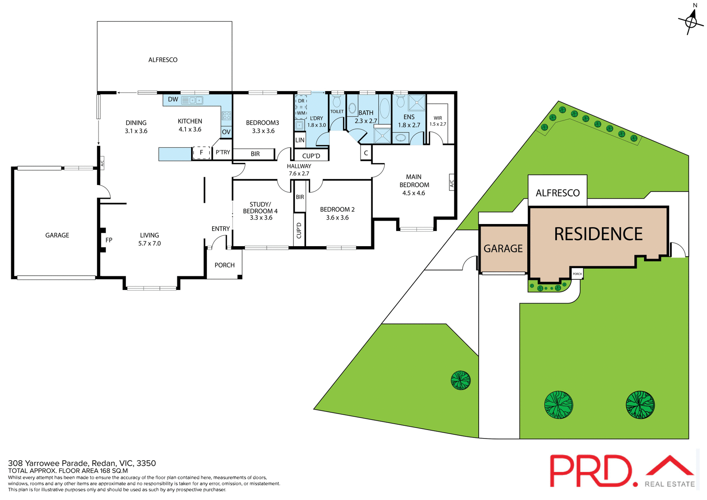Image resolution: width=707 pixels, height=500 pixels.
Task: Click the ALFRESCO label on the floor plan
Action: (x=163, y=60)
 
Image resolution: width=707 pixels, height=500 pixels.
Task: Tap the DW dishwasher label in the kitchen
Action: (x=173, y=99)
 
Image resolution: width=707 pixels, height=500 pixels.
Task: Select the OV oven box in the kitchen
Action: (x=226, y=132)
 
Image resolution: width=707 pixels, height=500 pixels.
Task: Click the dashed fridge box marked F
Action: (x=201, y=153)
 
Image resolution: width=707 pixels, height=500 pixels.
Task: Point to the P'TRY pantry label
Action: (x=223, y=152)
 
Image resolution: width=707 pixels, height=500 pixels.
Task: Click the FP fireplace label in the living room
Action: (x=109, y=240)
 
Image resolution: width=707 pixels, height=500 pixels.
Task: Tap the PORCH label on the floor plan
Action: (x=224, y=265)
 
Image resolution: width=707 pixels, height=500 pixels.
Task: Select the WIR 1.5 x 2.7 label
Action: (x=438, y=121)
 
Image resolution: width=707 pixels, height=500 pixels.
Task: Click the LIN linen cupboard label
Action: (x=300, y=140)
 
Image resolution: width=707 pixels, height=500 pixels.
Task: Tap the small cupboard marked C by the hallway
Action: (x=366, y=153)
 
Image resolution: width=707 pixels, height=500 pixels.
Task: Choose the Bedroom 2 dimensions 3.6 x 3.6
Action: (x=337, y=218)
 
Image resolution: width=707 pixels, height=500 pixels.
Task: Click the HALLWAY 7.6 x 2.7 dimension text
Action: (x=299, y=174)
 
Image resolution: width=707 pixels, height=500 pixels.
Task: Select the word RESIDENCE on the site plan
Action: (x=598, y=234)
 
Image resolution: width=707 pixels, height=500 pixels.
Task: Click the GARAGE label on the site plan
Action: (x=503, y=249)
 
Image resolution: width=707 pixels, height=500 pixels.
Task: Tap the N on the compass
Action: (x=695, y=6)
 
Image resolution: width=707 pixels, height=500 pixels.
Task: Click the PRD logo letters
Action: (x=591, y=471)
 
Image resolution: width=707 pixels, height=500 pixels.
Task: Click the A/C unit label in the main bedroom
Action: (x=452, y=182)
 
